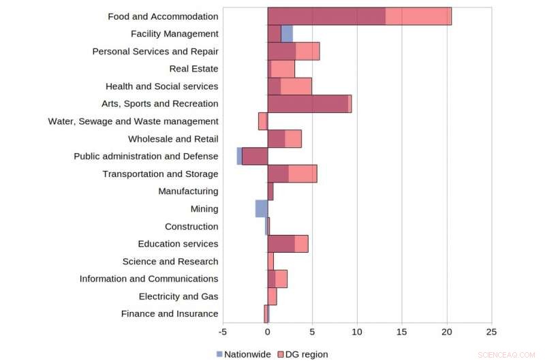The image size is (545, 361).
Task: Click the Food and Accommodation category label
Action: click(163, 16)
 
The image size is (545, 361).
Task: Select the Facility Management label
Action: click(174, 33)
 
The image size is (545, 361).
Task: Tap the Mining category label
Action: click(204, 209)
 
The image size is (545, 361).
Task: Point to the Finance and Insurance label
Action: click(170, 314)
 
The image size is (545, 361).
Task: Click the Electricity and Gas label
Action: click(178, 296)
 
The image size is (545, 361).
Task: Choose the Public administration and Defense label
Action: click(146, 156)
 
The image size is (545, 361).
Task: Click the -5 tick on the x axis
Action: click(223, 332)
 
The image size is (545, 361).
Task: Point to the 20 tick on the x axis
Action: click(447, 332)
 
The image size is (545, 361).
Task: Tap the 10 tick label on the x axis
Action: click(357, 332)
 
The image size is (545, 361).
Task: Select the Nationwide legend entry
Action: click(243, 354)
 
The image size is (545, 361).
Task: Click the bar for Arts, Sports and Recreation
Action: click(309, 104)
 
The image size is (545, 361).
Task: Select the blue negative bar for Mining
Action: click(261, 209)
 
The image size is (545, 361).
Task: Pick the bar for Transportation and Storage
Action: click(292, 174)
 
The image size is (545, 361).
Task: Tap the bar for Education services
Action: click(287, 244)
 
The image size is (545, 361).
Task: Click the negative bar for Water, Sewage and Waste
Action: click(263, 121)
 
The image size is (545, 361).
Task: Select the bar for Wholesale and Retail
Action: click(284, 139)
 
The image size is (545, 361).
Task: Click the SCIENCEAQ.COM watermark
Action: click(507, 355)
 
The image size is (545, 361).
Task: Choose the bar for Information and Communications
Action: click(277, 279)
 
